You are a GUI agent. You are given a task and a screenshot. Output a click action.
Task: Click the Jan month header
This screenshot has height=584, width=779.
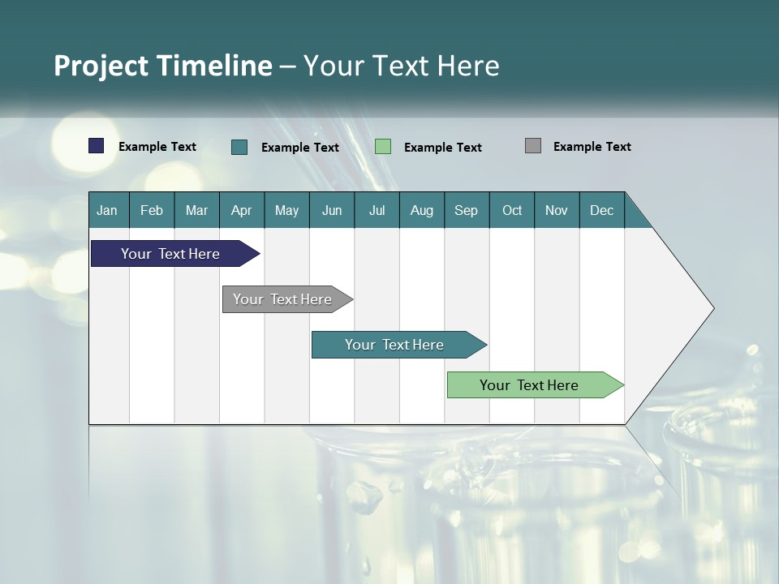click(x=108, y=210)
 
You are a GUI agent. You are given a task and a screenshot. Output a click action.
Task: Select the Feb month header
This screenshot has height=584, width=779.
click(x=152, y=210)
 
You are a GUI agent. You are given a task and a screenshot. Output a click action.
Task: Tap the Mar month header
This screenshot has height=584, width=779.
click(x=197, y=210)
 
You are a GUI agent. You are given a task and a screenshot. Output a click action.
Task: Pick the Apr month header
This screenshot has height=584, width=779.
click(x=242, y=210)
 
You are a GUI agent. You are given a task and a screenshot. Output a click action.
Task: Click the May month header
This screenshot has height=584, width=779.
click(x=286, y=210)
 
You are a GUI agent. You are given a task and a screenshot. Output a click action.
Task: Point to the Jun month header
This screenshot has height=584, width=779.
click(x=332, y=210)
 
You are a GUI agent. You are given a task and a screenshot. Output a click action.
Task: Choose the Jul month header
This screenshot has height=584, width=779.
click(x=377, y=210)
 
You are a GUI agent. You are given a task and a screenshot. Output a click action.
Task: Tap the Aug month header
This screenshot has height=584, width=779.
click(x=422, y=210)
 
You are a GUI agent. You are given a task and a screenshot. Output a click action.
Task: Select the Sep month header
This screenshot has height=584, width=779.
click(x=467, y=210)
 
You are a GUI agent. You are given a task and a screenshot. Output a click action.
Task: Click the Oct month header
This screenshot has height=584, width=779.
click(x=512, y=210)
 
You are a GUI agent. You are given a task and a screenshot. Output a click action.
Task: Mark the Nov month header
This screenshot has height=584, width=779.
click(x=557, y=210)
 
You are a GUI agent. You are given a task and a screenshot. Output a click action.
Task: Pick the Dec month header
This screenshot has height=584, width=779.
click(x=602, y=210)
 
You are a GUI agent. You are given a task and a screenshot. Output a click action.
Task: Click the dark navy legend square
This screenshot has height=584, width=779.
click(x=97, y=146)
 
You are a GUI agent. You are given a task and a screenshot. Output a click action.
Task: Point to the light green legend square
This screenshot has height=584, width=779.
click(x=383, y=147)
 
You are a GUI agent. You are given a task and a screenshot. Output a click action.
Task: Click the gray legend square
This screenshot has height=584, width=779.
click(x=533, y=146)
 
